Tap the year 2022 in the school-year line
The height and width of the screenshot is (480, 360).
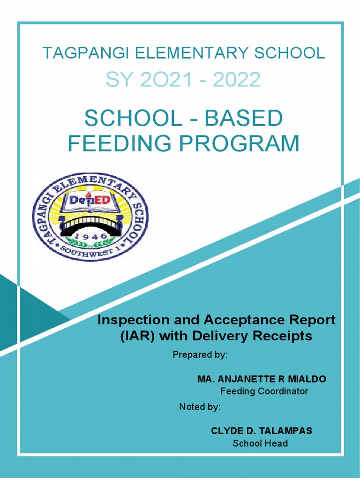point(236,80)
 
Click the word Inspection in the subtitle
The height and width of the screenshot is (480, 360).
point(126,320)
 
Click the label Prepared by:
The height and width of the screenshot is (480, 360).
point(200,355)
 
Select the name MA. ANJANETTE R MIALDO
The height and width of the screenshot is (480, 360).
point(262,379)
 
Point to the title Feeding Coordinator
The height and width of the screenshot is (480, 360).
point(264,391)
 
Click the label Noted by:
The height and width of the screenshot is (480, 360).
point(200,407)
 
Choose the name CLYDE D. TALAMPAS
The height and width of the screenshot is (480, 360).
point(261,431)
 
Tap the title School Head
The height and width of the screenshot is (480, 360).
point(260,443)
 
